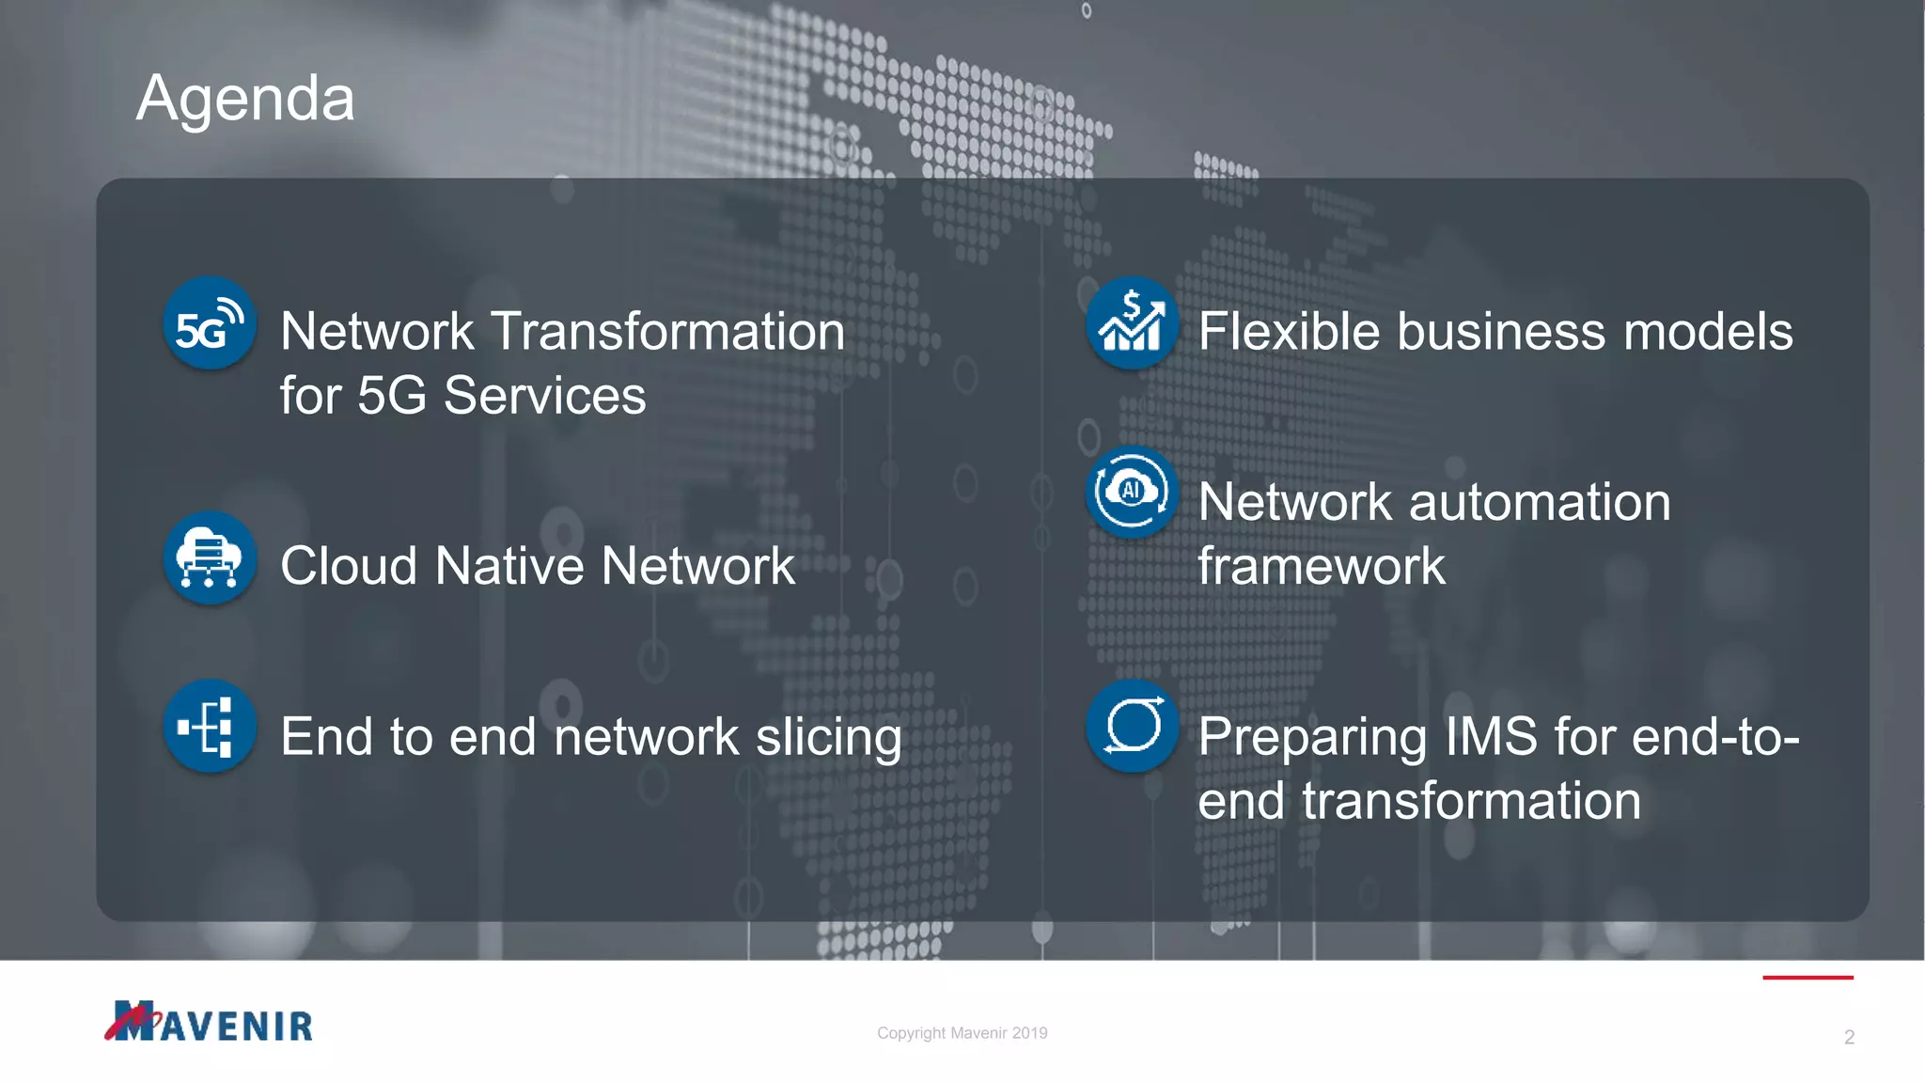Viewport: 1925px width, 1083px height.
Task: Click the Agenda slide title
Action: click(245, 99)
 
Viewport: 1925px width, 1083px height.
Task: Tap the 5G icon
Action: click(210, 323)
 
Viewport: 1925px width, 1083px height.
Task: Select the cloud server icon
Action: click(210, 557)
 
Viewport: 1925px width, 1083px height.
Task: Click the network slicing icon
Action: click(210, 727)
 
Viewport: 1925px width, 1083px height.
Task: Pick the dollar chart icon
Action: click(1132, 323)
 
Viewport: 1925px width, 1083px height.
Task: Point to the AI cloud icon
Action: click(1132, 492)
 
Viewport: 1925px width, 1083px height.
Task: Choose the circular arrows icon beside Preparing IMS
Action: click(1132, 727)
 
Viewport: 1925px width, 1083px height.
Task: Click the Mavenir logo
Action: click(209, 1022)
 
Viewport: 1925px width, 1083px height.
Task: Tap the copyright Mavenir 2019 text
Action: click(962, 1033)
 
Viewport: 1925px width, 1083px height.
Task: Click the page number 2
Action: click(1849, 1037)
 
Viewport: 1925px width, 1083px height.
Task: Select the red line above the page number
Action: click(1808, 978)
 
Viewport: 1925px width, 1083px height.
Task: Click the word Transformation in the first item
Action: click(668, 332)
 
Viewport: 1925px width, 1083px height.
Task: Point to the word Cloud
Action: click(348, 566)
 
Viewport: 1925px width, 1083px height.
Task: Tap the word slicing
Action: click(829, 737)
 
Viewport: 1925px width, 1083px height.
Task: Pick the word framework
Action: click(1322, 566)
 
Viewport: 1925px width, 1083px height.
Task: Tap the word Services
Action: click(544, 396)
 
